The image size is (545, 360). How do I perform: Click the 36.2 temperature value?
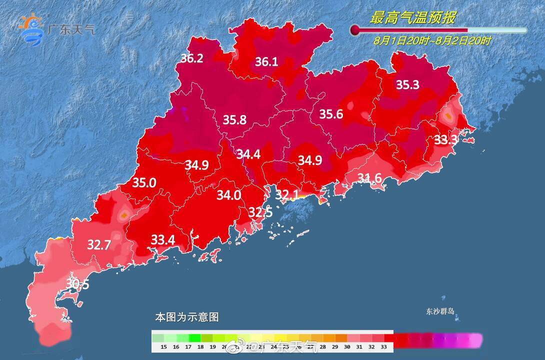191,58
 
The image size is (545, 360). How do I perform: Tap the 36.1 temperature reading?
266,62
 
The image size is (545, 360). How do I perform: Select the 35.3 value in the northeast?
407,85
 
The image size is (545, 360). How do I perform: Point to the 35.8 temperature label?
234,120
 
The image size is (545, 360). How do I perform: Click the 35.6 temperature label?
331,114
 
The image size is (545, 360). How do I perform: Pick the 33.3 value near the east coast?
445,140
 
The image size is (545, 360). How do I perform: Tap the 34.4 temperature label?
248,154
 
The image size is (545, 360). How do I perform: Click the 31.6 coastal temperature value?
370,178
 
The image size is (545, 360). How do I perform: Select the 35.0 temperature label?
144,183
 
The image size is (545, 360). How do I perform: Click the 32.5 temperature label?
260,212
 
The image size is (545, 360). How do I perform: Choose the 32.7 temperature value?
99,245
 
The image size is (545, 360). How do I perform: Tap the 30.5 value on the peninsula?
77,284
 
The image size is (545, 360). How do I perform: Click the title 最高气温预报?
412,18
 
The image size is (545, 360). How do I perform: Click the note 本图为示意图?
186,317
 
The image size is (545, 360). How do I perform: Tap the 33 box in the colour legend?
383,346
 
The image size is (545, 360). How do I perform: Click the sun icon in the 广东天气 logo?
28,22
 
